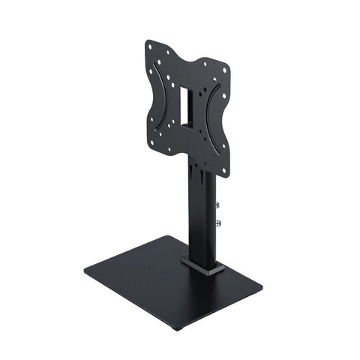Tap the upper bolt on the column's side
coord(217,204)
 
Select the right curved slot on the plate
coord(215,124)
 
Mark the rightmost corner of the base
coord(261,286)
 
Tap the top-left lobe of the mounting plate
coord(154,52)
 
